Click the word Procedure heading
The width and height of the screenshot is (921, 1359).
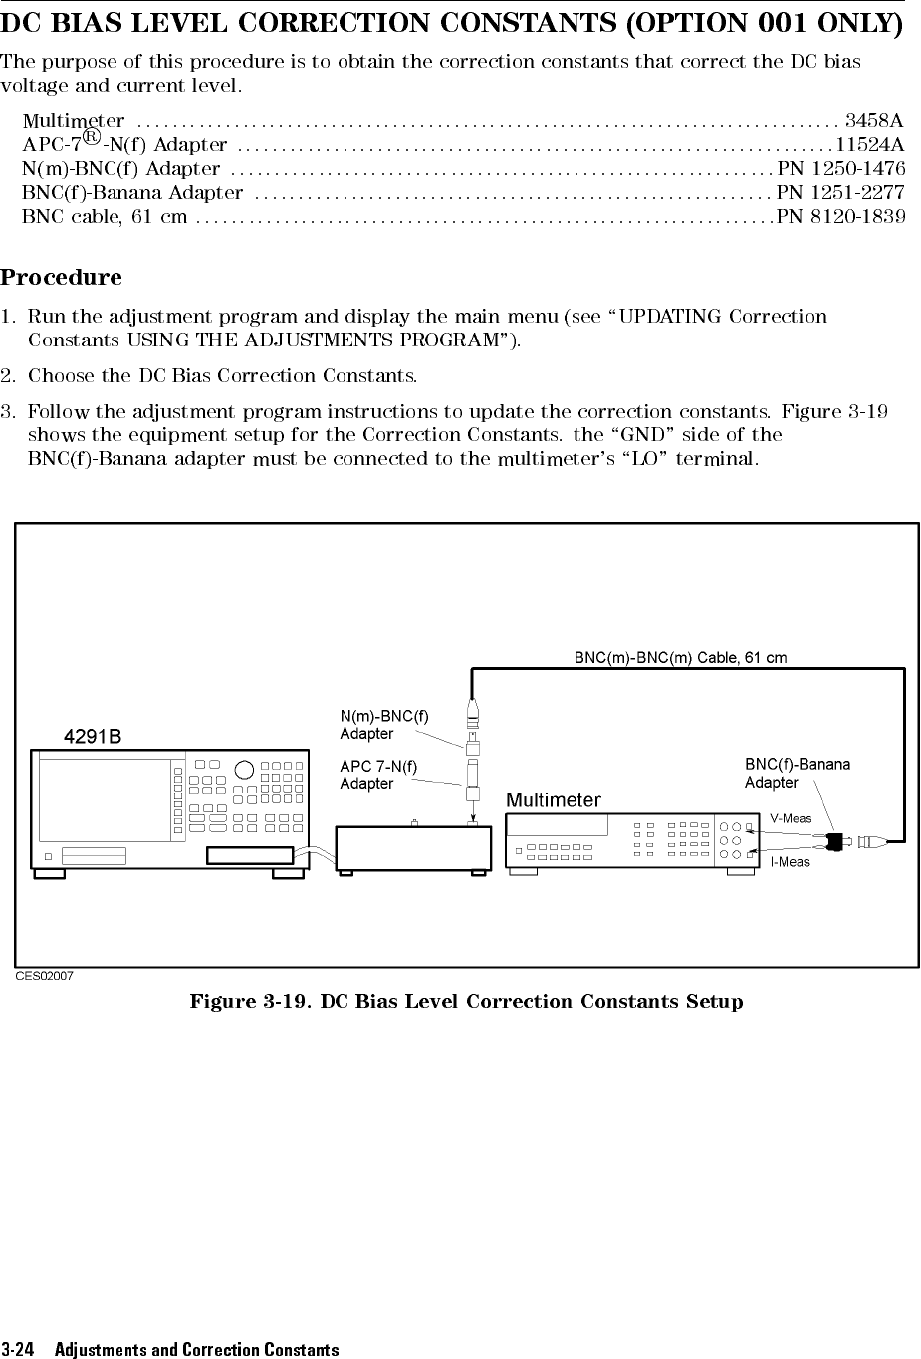click(x=61, y=277)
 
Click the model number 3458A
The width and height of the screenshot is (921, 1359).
click(x=874, y=121)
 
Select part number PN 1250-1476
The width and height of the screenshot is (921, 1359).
click(x=840, y=168)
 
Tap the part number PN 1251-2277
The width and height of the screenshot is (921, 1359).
click(x=840, y=192)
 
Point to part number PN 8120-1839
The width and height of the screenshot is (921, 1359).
click(x=840, y=216)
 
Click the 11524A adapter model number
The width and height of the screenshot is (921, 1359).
click(x=870, y=145)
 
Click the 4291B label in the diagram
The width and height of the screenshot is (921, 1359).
click(x=93, y=737)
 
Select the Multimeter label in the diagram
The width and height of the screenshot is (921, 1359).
click(x=554, y=800)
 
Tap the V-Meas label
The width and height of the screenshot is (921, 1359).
click(x=791, y=818)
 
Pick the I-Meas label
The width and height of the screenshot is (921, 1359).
click(x=791, y=862)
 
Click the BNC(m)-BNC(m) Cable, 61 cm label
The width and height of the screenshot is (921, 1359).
click(x=680, y=658)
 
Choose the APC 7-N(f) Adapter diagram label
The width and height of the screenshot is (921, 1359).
click(x=378, y=775)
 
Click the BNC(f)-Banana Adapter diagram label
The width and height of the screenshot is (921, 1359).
click(x=798, y=773)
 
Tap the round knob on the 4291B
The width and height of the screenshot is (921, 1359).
click(x=243, y=770)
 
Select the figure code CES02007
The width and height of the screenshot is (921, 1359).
click(x=44, y=976)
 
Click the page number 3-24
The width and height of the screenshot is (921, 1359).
click(x=18, y=1350)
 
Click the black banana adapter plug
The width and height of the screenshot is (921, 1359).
click(x=835, y=840)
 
